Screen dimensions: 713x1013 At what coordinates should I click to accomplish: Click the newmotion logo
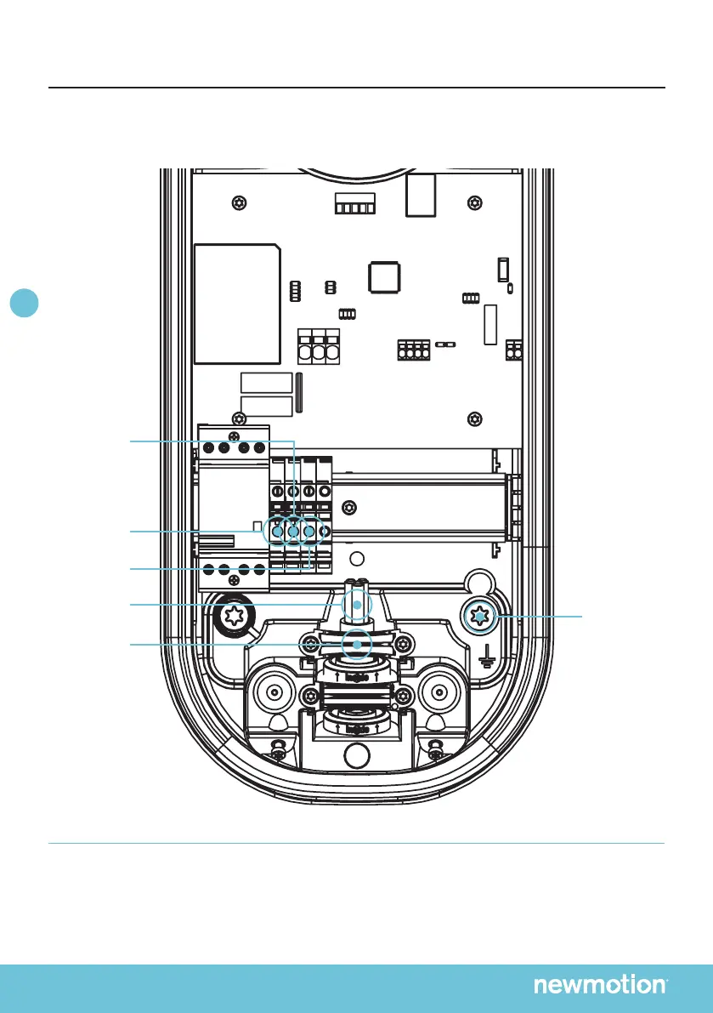tap(600, 985)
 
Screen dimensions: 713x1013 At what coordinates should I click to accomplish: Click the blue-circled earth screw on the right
tap(482, 615)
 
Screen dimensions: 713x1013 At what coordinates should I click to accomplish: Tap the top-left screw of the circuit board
tap(241, 202)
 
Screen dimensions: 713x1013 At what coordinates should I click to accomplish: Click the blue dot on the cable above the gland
tap(357, 603)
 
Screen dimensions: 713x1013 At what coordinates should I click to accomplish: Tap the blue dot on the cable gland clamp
tap(357, 645)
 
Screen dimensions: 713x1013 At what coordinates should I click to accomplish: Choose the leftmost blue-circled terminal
tap(276, 532)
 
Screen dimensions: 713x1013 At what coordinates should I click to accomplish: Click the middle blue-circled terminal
tap(293, 532)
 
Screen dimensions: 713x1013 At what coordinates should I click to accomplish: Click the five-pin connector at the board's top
tap(354, 207)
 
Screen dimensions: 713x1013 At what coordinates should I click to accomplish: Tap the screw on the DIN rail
tap(348, 509)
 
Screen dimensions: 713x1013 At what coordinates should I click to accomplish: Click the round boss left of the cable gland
tap(274, 692)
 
